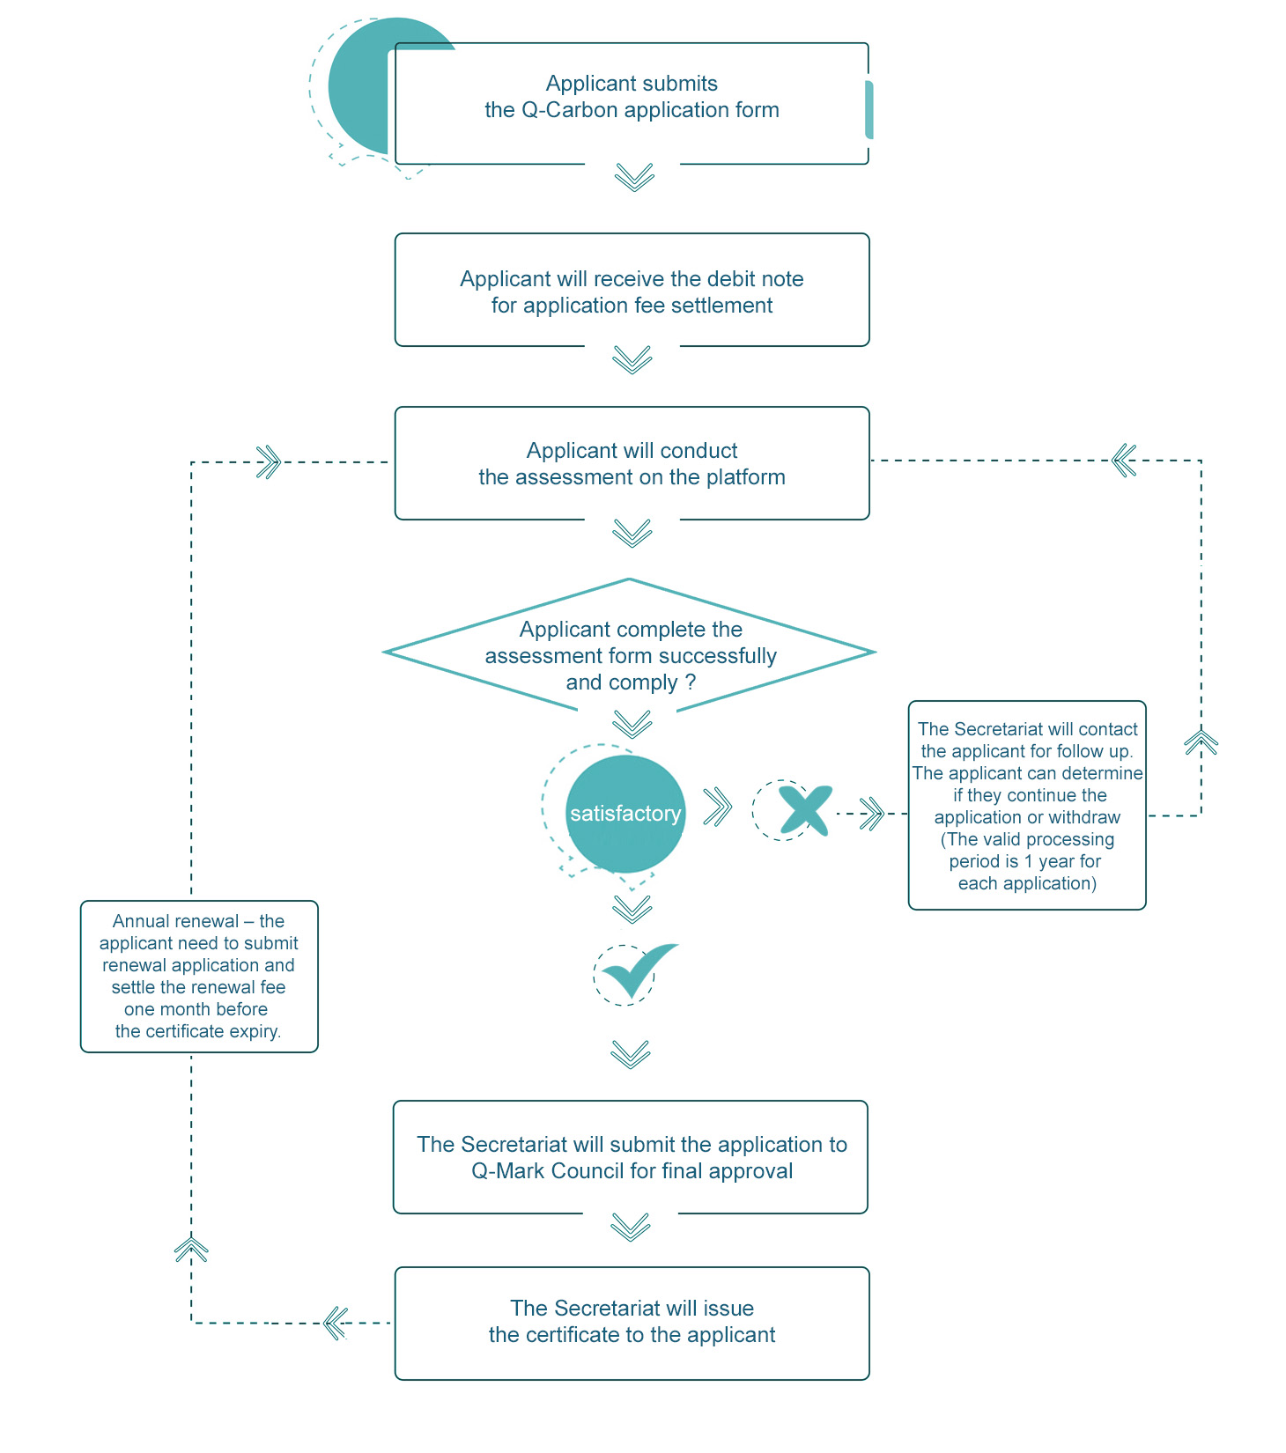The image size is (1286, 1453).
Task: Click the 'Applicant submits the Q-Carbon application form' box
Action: pyautogui.click(x=632, y=103)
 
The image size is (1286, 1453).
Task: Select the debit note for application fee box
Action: pyautogui.click(x=632, y=290)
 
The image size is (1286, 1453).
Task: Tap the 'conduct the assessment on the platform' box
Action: pyautogui.click(x=632, y=463)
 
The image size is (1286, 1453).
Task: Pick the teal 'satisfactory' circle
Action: pyautogui.click(x=625, y=814)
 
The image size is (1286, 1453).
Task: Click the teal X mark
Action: pyautogui.click(x=805, y=810)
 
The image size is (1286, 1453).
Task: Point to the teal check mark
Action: pyautogui.click(x=639, y=969)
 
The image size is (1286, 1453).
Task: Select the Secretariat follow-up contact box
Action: pyautogui.click(x=1027, y=805)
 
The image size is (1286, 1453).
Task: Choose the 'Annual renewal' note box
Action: pyautogui.click(x=199, y=977)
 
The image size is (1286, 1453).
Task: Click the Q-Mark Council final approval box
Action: pyautogui.click(x=631, y=1157)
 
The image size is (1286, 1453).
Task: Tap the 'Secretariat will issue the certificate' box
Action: pyautogui.click(x=632, y=1323)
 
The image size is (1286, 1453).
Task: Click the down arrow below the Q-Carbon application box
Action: pyautogui.click(x=634, y=176)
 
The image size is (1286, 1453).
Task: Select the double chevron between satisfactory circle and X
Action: pyautogui.click(x=718, y=807)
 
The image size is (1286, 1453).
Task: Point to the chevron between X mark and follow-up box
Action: pyautogui.click(x=872, y=814)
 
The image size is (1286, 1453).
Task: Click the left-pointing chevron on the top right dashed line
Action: pyautogui.click(x=1124, y=460)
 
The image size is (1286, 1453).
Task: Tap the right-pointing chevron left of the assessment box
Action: pyautogui.click(x=268, y=461)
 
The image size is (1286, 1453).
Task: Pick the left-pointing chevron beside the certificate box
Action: pyautogui.click(x=336, y=1323)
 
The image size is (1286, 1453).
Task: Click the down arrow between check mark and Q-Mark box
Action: pyautogui.click(x=631, y=1054)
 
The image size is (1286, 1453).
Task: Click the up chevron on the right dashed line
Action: pyautogui.click(x=1201, y=742)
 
